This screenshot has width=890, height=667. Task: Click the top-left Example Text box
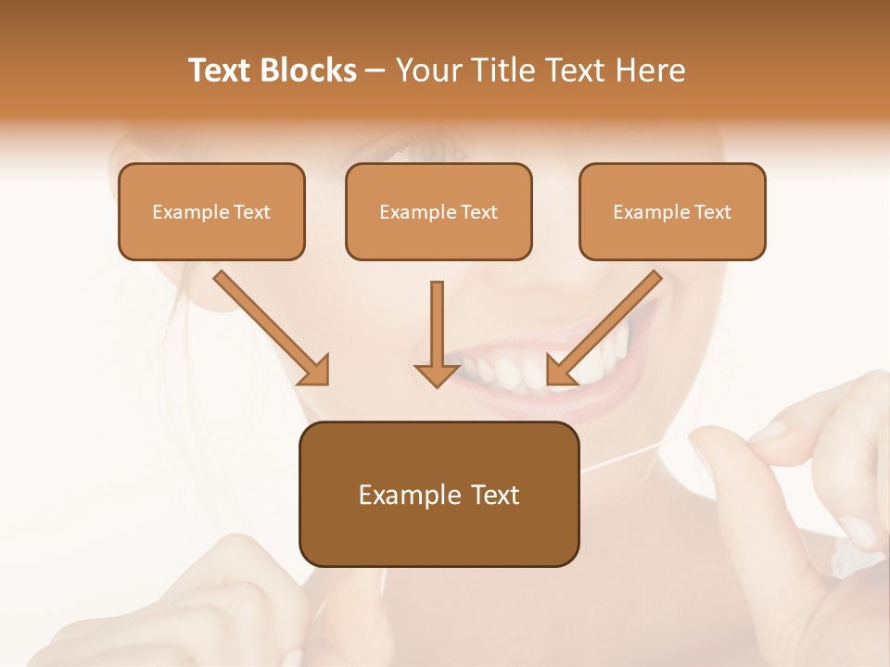point(211,211)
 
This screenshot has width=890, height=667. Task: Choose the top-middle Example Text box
point(439,211)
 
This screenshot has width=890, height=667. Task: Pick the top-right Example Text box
point(672,211)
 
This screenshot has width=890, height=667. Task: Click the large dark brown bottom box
point(439,494)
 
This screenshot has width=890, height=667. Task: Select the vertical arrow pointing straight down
point(437,333)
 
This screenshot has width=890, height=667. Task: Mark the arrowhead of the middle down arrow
point(437,373)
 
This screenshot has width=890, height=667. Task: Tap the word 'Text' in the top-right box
point(713,212)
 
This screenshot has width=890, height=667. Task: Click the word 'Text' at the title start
point(221,70)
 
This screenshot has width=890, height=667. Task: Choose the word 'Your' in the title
point(427,70)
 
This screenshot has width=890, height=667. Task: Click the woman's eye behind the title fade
point(428,148)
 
